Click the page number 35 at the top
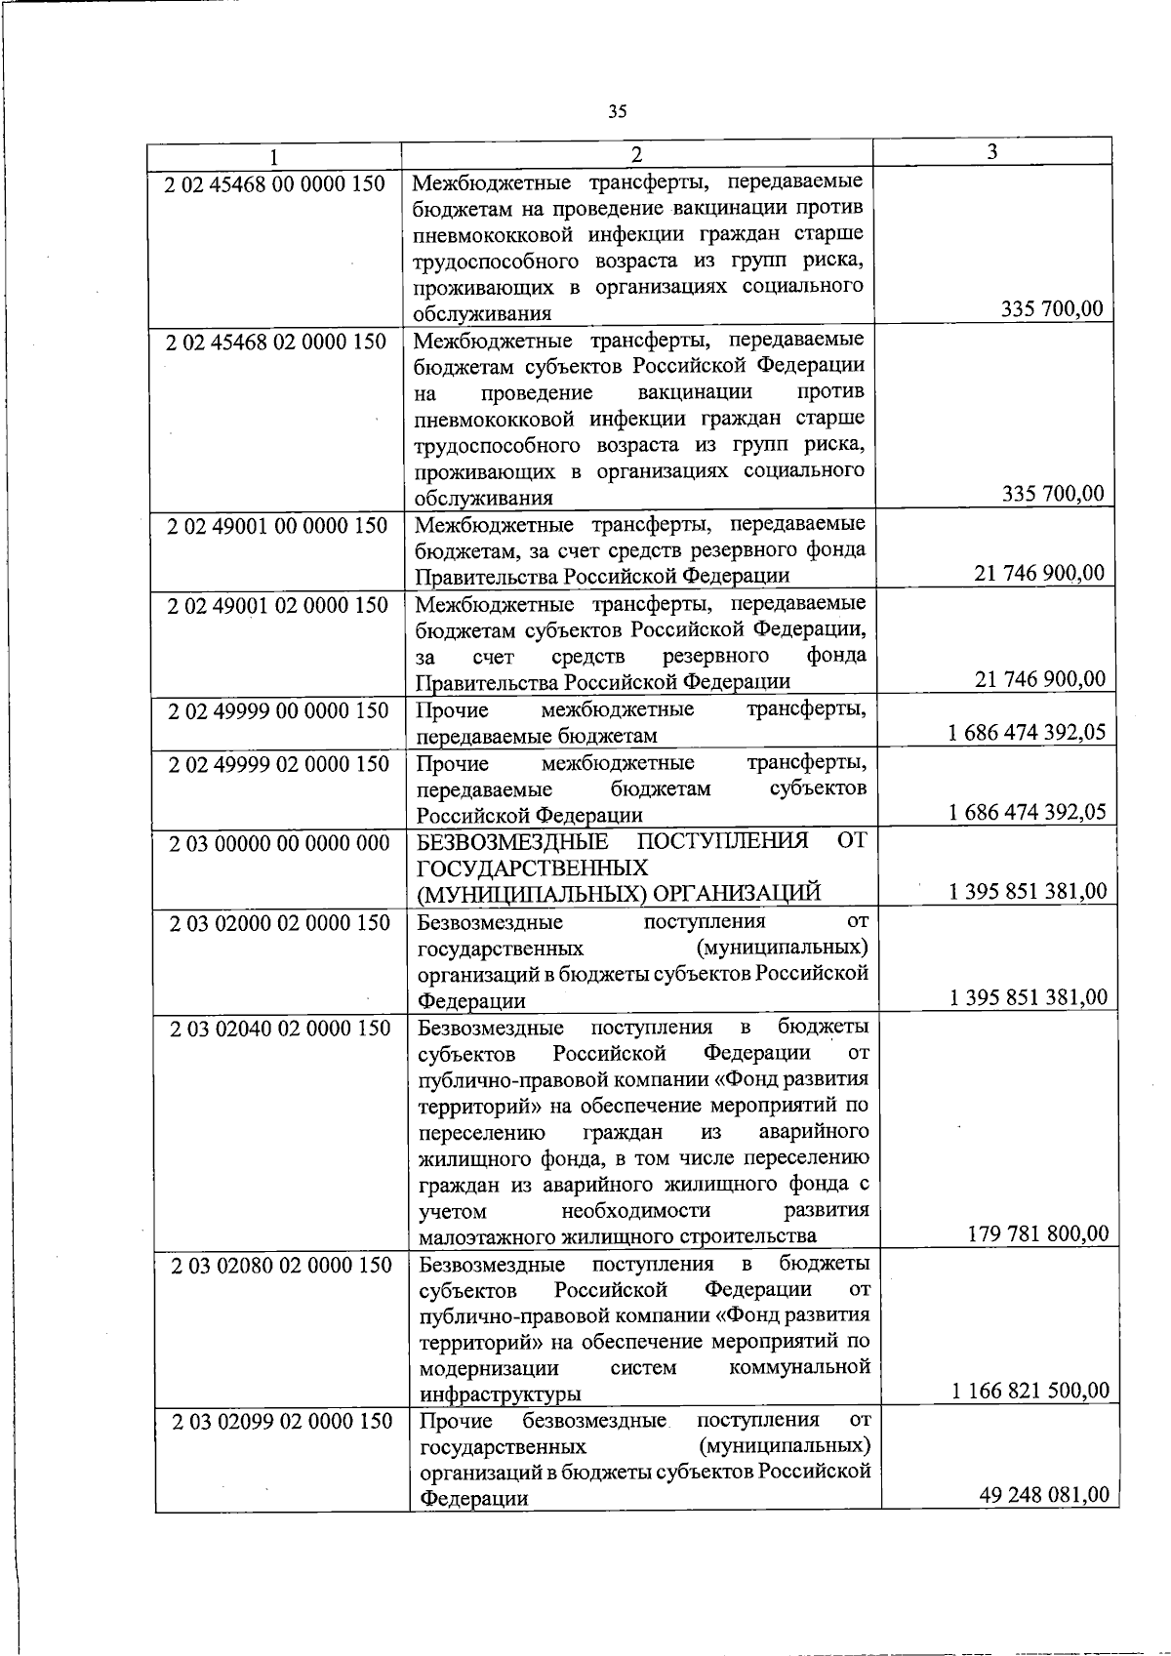(x=617, y=111)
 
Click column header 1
(x=274, y=156)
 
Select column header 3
(x=991, y=151)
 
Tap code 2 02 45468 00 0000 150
(x=276, y=183)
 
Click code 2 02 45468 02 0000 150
(x=276, y=343)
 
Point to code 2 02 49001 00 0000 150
(x=277, y=526)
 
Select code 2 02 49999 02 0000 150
(x=279, y=764)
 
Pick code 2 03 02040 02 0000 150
(x=280, y=1029)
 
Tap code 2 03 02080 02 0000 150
(x=281, y=1266)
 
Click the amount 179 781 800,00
(x=1038, y=1234)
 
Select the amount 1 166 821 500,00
(x=1030, y=1391)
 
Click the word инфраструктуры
(x=501, y=1393)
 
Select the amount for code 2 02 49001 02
(x=1040, y=679)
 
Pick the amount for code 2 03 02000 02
(x=1029, y=997)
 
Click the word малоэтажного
(x=478, y=1237)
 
